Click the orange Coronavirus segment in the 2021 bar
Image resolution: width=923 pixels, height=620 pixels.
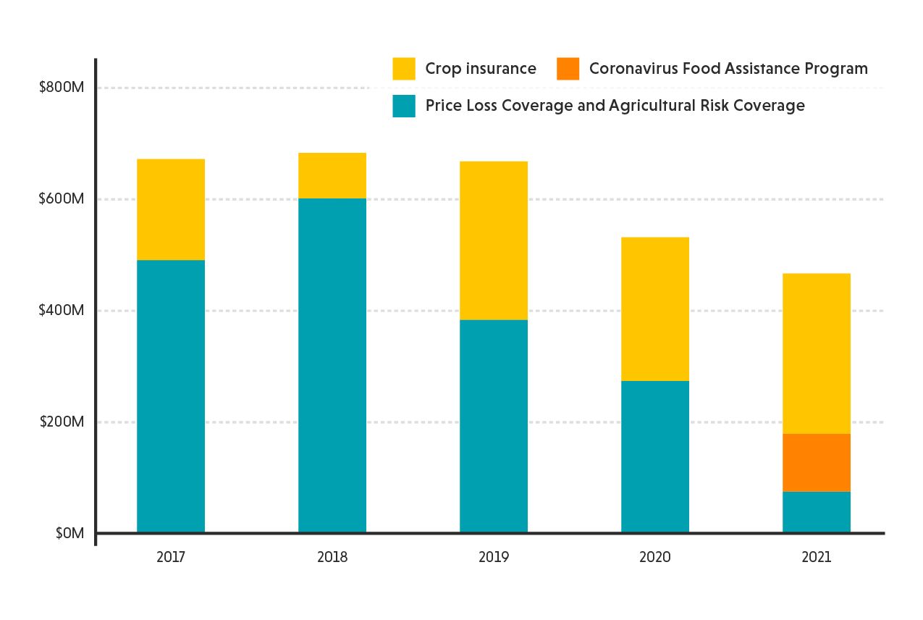click(x=816, y=462)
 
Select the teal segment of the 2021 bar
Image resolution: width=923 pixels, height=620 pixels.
click(x=816, y=512)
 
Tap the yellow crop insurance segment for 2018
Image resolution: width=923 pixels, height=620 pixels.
click(x=332, y=175)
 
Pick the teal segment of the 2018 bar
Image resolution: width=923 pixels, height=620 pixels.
click(x=332, y=366)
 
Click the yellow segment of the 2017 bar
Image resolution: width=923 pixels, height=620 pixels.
click(x=171, y=209)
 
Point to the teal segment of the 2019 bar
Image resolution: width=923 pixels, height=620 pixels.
click(x=494, y=427)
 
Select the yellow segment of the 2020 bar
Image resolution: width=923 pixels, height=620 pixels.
click(x=655, y=309)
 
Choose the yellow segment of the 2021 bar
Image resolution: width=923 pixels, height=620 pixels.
click(x=816, y=353)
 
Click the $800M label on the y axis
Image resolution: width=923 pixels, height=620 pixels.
click(x=62, y=88)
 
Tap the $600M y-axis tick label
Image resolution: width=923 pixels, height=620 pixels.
click(x=62, y=199)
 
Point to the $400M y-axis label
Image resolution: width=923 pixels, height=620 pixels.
click(x=62, y=311)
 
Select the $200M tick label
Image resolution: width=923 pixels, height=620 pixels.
click(x=62, y=422)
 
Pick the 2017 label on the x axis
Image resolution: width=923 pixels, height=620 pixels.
click(x=171, y=558)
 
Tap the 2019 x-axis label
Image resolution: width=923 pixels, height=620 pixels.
click(x=494, y=558)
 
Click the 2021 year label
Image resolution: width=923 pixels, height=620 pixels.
click(x=816, y=558)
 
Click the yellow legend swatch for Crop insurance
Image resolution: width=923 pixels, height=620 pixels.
click(x=404, y=69)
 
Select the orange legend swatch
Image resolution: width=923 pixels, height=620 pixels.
click(x=568, y=69)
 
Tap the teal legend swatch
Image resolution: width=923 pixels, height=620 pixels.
click(x=404, y=106)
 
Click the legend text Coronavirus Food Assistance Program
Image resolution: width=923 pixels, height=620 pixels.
click(x=728, y=69)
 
